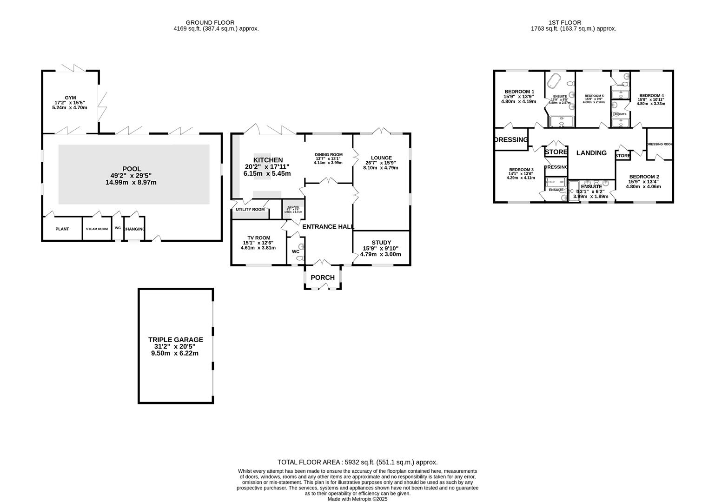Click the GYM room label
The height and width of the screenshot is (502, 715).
click(70, 98)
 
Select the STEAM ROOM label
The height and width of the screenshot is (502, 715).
click(97, 229)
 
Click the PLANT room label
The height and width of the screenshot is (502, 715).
click(62, 229)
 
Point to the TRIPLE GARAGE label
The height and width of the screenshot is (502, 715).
click(175, 340)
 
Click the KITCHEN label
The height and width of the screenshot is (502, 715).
click(268, 160)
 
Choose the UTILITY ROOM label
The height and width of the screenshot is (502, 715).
click(250, 210)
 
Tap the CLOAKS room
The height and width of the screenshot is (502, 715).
click(293, 209)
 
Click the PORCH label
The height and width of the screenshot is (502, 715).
click(323, 277)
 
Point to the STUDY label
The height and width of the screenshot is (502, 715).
click(381, 243)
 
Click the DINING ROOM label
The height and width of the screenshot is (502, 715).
click(329, 155)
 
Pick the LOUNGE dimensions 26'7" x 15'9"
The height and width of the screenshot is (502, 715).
click(381, 163)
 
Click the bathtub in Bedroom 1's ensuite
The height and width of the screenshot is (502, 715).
click(553, 81)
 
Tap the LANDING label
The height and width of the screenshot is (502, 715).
click(591, 153)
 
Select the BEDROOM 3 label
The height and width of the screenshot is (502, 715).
click(521, 170)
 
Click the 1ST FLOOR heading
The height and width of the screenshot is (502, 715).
click(564, 22)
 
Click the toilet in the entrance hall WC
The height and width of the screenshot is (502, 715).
click(299, 257)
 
